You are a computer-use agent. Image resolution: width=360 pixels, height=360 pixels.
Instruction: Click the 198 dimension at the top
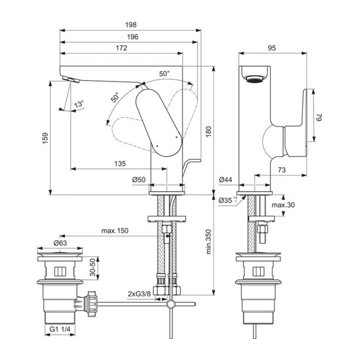(x=131, y=25)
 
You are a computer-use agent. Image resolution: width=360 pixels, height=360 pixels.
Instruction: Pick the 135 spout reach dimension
(x=120, y=164)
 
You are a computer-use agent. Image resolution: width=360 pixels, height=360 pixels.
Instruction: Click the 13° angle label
(x=78, y=104)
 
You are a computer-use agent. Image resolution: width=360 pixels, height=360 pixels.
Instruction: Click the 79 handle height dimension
(x=319, y=118)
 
